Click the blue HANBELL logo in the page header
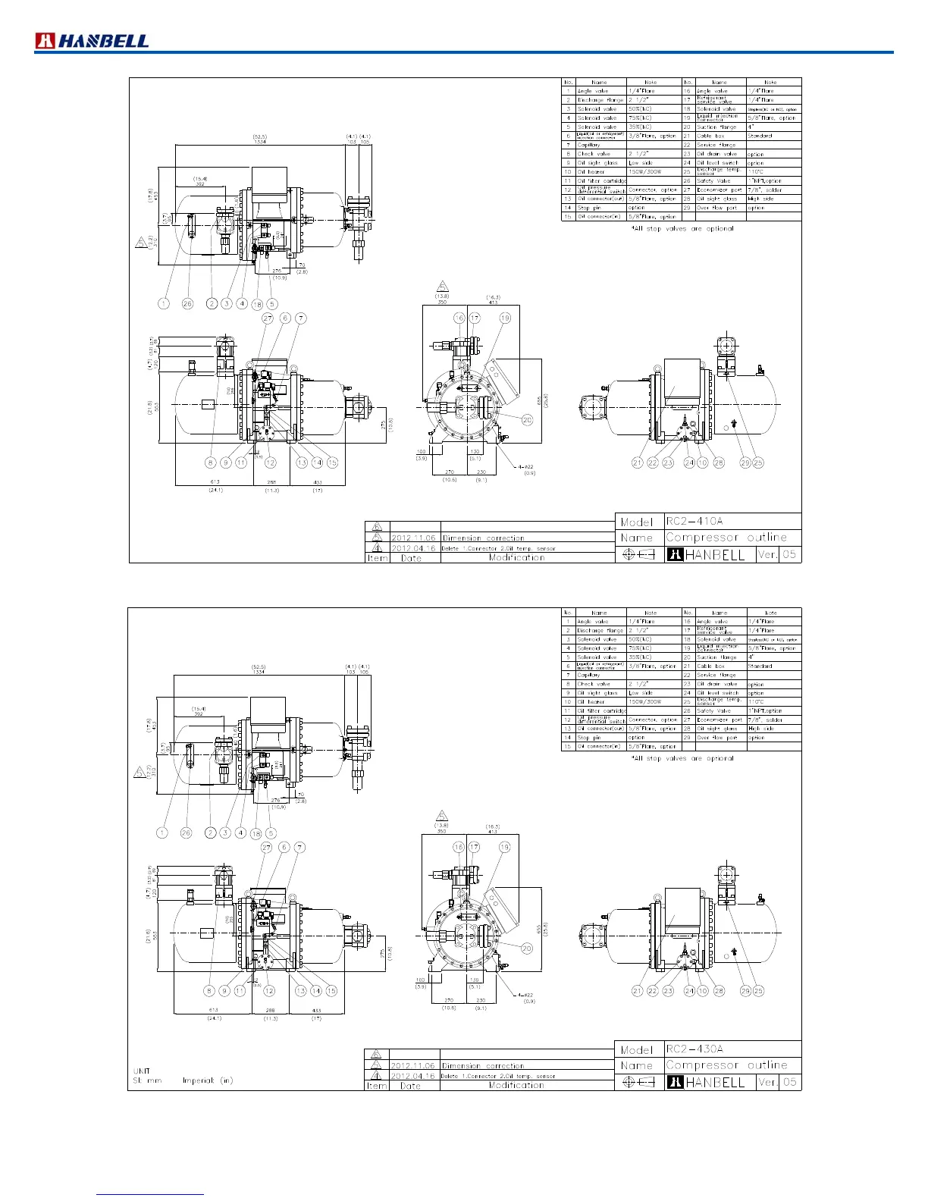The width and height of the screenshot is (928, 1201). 92,41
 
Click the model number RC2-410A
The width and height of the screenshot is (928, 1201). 694,522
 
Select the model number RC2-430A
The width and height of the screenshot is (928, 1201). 694,1049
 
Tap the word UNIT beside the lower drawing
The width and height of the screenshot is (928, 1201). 142,1071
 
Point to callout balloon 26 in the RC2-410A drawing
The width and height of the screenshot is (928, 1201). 187,303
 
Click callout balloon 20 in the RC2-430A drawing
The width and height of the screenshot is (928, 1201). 527,949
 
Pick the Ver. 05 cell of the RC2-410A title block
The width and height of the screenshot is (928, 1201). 778,554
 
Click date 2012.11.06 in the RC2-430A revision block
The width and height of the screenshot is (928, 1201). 413,1066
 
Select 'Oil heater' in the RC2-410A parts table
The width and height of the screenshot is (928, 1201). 591,172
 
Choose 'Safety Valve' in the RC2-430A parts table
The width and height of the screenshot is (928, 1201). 713,711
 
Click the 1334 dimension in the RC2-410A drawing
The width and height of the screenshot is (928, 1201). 259,142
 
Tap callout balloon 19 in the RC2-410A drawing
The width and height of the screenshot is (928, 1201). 505,318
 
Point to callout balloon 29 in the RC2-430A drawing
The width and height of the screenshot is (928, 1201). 745,991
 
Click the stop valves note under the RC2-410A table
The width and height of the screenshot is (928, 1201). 682,228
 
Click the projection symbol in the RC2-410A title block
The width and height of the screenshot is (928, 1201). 638,554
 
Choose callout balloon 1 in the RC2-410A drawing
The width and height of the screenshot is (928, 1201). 164,303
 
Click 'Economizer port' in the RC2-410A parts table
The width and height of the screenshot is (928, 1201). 720,190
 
